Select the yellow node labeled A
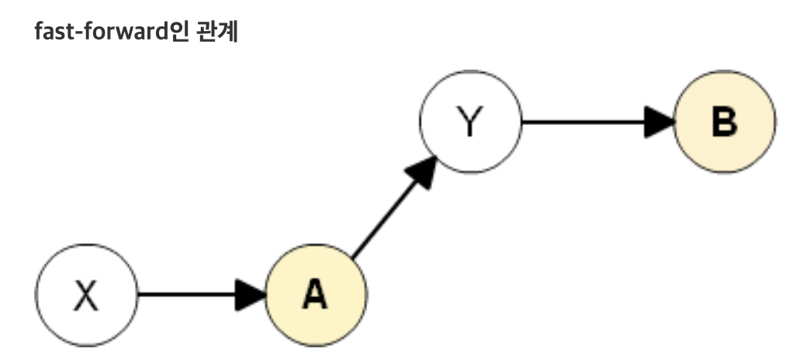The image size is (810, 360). coord(316,294)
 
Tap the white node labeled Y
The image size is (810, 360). coord(470,122)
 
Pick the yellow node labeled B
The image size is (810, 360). coord(724,122)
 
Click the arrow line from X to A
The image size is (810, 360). coord(186,294)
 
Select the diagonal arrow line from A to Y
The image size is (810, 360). coord(384,218)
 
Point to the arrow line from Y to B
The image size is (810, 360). coord(582,122)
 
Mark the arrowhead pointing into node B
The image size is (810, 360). coord(659,122)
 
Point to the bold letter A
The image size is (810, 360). coord(315,295)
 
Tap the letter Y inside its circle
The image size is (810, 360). coord(470,123)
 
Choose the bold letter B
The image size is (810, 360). coord(724,123)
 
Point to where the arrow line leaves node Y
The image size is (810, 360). coord(523,122)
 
